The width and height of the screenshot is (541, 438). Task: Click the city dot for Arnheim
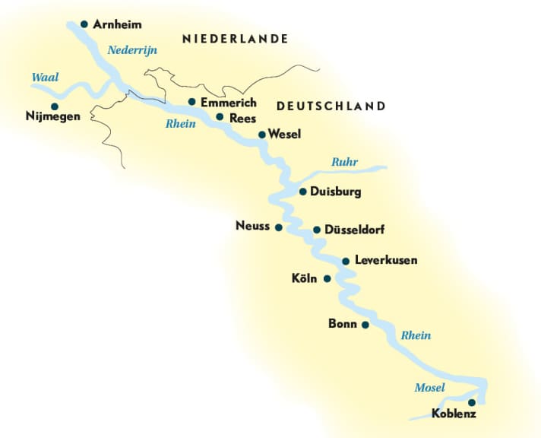84,24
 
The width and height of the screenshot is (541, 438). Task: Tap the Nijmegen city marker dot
54,106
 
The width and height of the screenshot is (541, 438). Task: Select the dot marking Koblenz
472,402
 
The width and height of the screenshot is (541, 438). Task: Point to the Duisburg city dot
302,192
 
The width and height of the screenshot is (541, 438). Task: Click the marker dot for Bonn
365,325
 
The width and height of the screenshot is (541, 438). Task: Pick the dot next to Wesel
262,135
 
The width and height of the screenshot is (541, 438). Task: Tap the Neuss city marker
278,227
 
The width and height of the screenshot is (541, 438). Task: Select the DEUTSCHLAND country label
331,106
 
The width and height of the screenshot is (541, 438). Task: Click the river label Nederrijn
131,50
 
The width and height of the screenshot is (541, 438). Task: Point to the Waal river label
44,77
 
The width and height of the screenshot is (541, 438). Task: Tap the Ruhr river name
344,162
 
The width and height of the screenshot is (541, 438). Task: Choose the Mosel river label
429,388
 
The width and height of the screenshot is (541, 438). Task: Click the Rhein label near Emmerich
181,124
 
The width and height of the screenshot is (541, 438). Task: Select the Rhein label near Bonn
416,335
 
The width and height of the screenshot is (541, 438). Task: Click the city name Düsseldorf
356,230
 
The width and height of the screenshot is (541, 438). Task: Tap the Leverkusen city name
386,260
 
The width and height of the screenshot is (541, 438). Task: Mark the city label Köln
304,279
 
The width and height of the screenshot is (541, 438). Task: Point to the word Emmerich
228,102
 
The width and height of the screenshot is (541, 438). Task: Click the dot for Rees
220,117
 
